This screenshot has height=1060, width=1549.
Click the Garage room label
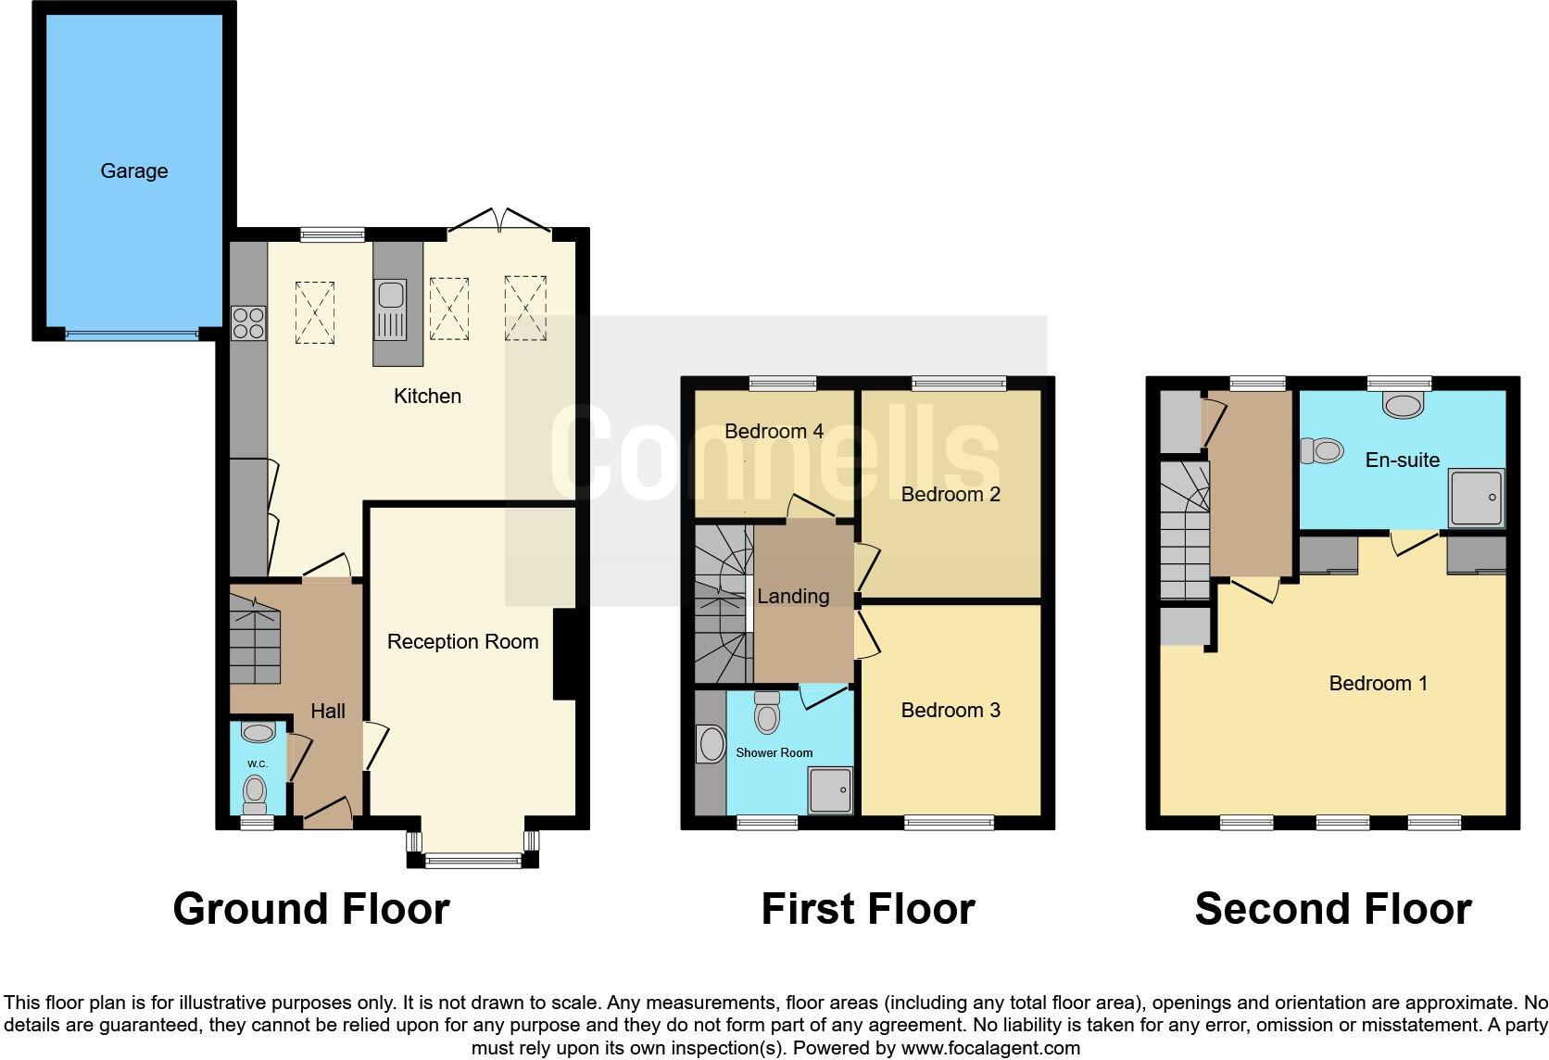(134, 170)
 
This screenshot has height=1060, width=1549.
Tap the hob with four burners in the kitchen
(248, 322)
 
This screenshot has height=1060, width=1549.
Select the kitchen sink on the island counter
(390, 297)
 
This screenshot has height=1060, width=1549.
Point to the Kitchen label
(427, 397)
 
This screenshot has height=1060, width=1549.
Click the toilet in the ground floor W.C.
(255, 792)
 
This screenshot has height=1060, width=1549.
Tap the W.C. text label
(257, 763)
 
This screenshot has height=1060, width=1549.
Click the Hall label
(328, 711)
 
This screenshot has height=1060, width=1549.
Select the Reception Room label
(462, 641)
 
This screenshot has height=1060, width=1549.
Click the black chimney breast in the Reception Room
(564, 654)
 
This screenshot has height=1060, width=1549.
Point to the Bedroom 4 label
(774, 431)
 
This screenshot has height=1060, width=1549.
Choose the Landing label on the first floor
(793, 597)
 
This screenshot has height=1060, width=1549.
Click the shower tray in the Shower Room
(830, 790)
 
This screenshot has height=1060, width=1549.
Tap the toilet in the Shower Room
(767, 713)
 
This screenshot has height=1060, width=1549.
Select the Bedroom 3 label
(951, 710)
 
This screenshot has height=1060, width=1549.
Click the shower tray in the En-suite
(1477, 498)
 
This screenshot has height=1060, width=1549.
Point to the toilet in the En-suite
(1322, 451)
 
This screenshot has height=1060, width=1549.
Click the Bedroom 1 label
(1378, 684)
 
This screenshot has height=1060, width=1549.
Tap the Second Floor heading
(1332, 909)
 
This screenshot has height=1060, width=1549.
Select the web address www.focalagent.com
(990, 1048)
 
